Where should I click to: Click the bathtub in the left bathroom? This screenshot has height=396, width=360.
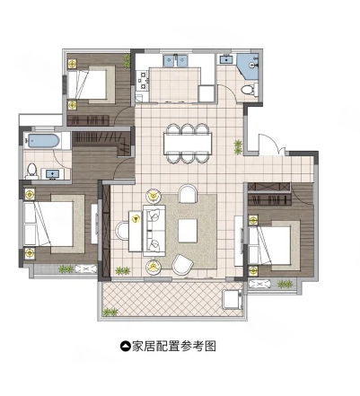click(45, 141)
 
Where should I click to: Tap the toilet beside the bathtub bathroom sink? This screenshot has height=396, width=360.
click(32, 169)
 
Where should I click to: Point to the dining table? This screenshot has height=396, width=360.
click(188, 144)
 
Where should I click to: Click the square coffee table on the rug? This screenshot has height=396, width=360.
click(189, 230)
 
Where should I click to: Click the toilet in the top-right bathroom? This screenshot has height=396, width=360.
click(248, 88)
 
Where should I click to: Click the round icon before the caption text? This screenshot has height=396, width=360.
click(125, 345)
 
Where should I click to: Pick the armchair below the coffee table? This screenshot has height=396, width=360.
click(182, 263)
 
